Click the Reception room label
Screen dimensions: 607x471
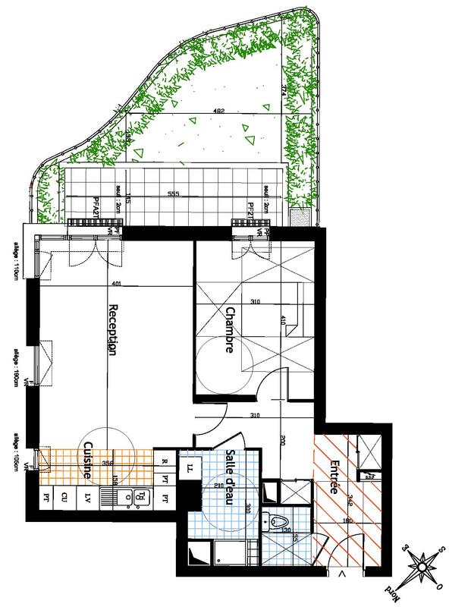tap(115, 331)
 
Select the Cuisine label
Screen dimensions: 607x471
tap(90, 461)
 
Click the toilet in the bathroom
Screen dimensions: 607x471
tap(277, 523)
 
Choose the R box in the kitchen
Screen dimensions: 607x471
tap(165, 459)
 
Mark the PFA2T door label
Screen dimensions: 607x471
tap(96, 206)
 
